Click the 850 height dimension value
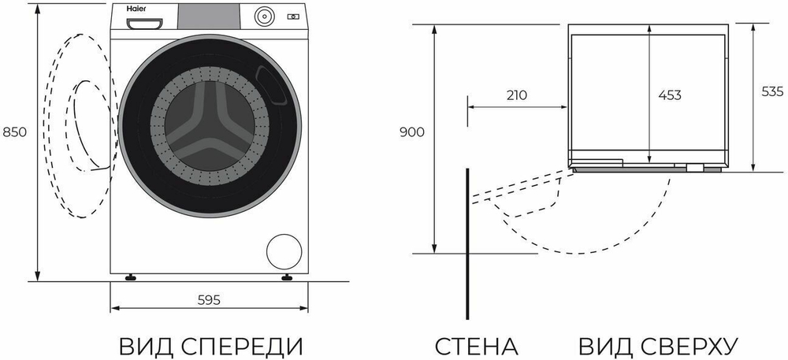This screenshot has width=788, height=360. click(x=16, y=132)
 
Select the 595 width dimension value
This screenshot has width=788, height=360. click(x=208, y=300)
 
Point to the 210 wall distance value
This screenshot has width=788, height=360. click(x=516, y=95)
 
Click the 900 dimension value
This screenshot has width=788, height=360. click(x=412, y=132)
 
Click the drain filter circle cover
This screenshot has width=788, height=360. click(x=284, y=251)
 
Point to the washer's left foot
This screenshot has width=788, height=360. click(x=132, y=277)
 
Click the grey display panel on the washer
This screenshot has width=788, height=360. click(x=209, y=14)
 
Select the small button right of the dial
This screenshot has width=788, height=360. click(x=295, y=16)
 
